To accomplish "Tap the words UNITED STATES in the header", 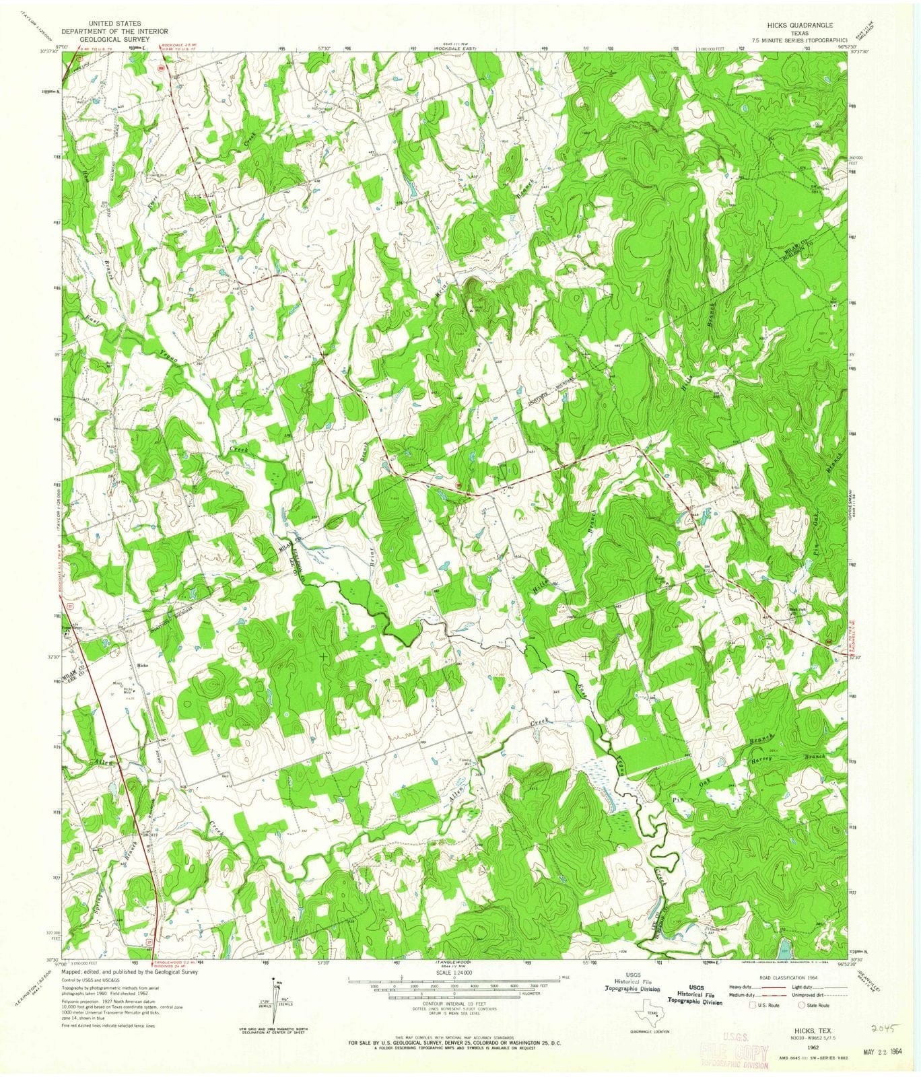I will pyautogui.click(x=100, y=24).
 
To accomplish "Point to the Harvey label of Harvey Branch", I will pyautogui.click(x=765, y=757).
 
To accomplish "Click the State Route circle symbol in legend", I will pyautogui.click(x=802, y=1005).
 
